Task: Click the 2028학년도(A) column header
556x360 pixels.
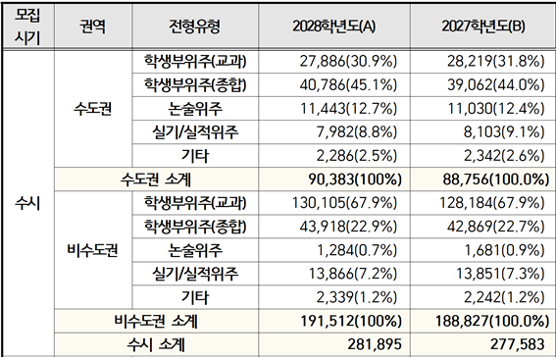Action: pyautogui.click(x=334, y=26)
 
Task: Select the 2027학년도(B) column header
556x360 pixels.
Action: pyautogui.click(x=483, y=26)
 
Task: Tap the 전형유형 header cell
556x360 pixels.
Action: pyautogui.click(x=195, y=26)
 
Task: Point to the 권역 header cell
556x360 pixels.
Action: pyautogui.click(x=92, y=26)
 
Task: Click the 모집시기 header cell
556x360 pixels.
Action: pyautogui.click(x=27, y=26)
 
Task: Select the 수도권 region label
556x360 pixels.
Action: pyautogui.click(x=92, y=109)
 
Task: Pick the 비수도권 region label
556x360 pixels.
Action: pyautogui.click(x=92, y=250)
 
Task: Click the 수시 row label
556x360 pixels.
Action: pyautogui.click(x=27, y=203)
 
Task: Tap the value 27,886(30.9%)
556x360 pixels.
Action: pyautogui.click(x=348, y=62)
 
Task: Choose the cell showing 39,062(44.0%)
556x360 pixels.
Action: pyautogui.click(x=496, y=85)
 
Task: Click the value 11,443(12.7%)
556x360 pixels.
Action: pyautogui.click(x=348, y=109)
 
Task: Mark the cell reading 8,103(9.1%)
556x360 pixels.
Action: pyautogui.click(x=504, y=132)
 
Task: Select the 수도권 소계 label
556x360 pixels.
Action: pyautogui.click(x=156, y=180)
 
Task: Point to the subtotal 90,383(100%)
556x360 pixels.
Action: pyautogui.click(x=355, y=180)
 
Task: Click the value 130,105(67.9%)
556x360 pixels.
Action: pyautogui.click(x=344, y=203)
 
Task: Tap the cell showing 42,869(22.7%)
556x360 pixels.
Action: pyautogui.click(x=496, y=227)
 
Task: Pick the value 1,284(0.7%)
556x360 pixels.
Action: pyautogui.click(x=357, y=250)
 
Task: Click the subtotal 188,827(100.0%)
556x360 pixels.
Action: pyautogui.click(x=492, y=322)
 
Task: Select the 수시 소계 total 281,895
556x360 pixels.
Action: pyautogui.click(x=375, y=344)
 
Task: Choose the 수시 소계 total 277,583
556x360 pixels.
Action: pyautogui.click(x=518, y=344)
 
